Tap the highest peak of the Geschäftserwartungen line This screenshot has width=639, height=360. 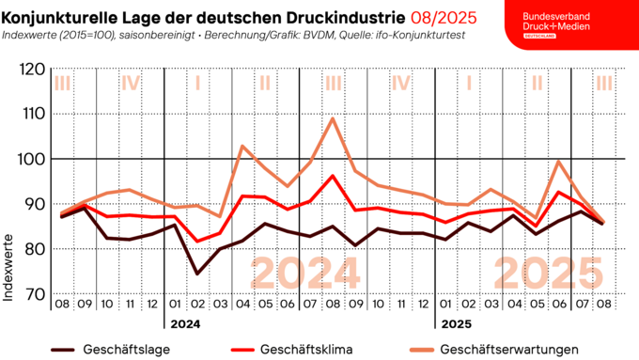click(333, 118)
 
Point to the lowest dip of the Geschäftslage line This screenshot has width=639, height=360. click(197, 274)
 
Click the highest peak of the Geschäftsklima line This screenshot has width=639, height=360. click(333, 176)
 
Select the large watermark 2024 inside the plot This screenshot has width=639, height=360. click(305, 274)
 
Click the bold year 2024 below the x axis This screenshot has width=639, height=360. click(185, 324)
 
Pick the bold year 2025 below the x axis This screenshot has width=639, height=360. click(456, 324)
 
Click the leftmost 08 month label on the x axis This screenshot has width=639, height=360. click(62, 305)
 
